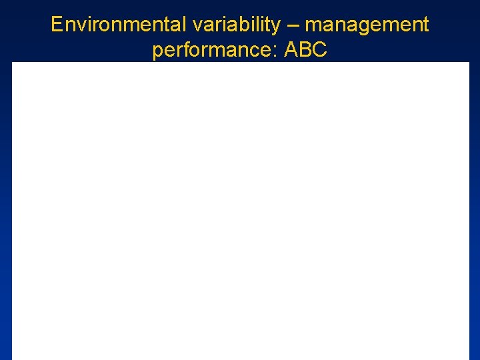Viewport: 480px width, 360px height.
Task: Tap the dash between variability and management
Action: click(x=293, y=25)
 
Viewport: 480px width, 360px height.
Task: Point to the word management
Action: click(x=367, y=25)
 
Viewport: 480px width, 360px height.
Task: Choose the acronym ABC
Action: click(x=305, y=49)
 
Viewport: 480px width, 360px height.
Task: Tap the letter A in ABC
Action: click(x=291, y=49)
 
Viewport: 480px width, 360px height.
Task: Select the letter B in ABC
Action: click(x=305, y=49)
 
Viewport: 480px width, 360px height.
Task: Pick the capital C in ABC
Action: click(x=319, y=49)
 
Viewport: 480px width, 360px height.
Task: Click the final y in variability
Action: click(x=276, y=27)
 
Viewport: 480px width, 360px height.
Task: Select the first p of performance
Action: click(x=157, y=51)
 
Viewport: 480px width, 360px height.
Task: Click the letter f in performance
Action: click(x=184, y=49)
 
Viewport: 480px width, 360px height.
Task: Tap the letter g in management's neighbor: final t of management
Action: click(x=425, y=25)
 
